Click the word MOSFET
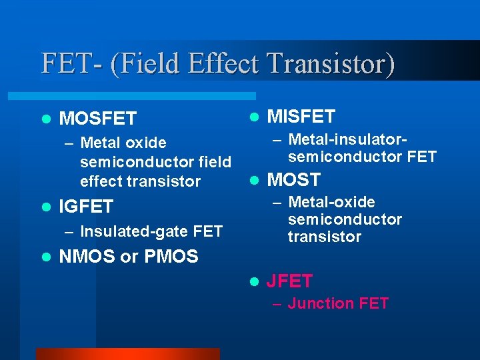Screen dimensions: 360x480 coord(98,119)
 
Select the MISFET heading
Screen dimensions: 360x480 coord(301,117)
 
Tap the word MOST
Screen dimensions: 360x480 coord(293,180)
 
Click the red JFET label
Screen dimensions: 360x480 coord(289,281)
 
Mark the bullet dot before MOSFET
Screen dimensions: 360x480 coord(45,119)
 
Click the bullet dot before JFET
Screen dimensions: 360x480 coord(253,281)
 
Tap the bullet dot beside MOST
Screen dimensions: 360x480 coord(253,180)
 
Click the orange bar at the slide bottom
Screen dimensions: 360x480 coord(127,354)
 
